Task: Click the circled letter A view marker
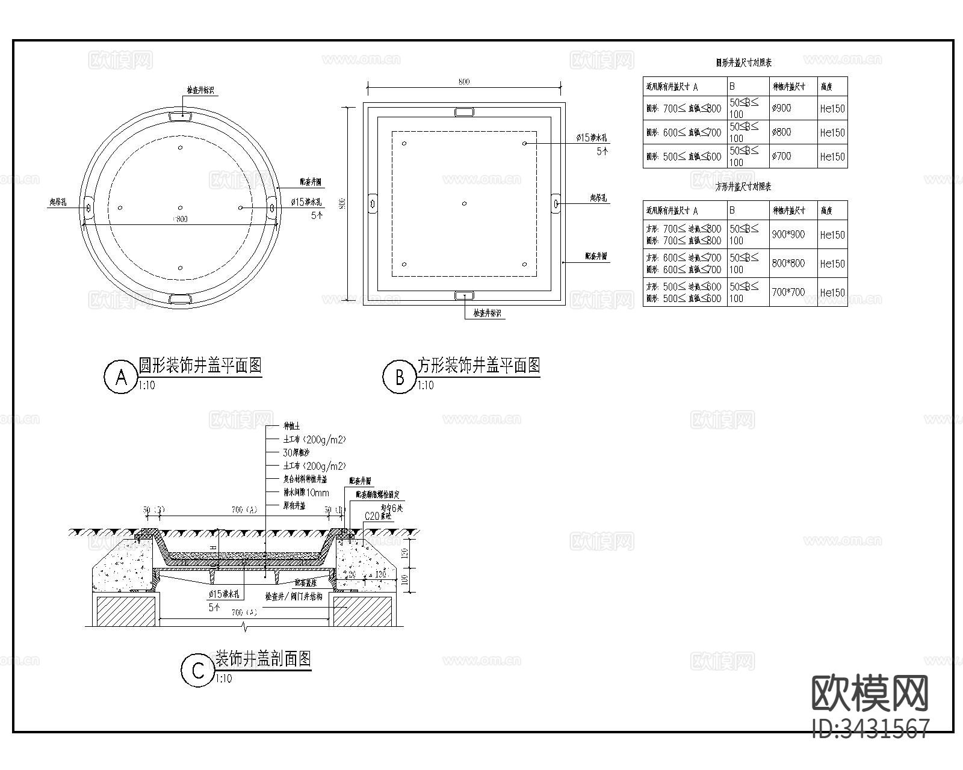coord(121,377)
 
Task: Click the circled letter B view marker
coord(400,377)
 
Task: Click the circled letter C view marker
coord(198,671)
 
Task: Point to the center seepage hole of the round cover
coord(180,208)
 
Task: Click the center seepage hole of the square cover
coord(464,203)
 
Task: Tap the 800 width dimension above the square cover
coord(463,82)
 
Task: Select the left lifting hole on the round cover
coord(88,208)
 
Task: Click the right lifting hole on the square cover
coord(556,203)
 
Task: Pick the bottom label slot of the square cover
coord(464,295)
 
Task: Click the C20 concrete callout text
coord(378,516)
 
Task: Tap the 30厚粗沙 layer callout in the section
coord(296,453)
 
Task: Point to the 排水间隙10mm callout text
coord(306,493)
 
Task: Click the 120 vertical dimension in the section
coord(405,552)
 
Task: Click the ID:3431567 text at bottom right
coord(871,728)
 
